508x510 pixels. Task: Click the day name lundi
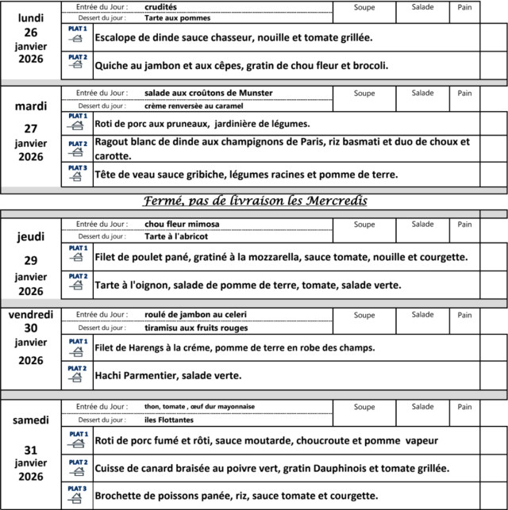click(31, 17)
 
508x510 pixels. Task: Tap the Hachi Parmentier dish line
click(167, 375)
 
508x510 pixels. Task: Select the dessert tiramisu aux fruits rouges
click(196, 328)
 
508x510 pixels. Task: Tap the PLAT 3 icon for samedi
click(77, 495)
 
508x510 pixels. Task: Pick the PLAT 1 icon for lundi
click(77, 36)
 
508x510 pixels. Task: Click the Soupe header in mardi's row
click(364, 94)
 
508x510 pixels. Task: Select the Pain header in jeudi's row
click(464, 224)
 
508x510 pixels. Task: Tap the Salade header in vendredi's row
click(422, 315)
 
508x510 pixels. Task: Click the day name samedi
click(31, 420)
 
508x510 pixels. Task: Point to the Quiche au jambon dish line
click(241, 65)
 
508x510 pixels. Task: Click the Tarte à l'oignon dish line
click(248, 285)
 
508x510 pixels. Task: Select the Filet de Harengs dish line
click(234, 347)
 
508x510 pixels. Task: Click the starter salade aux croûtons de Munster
click(209, 93)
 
